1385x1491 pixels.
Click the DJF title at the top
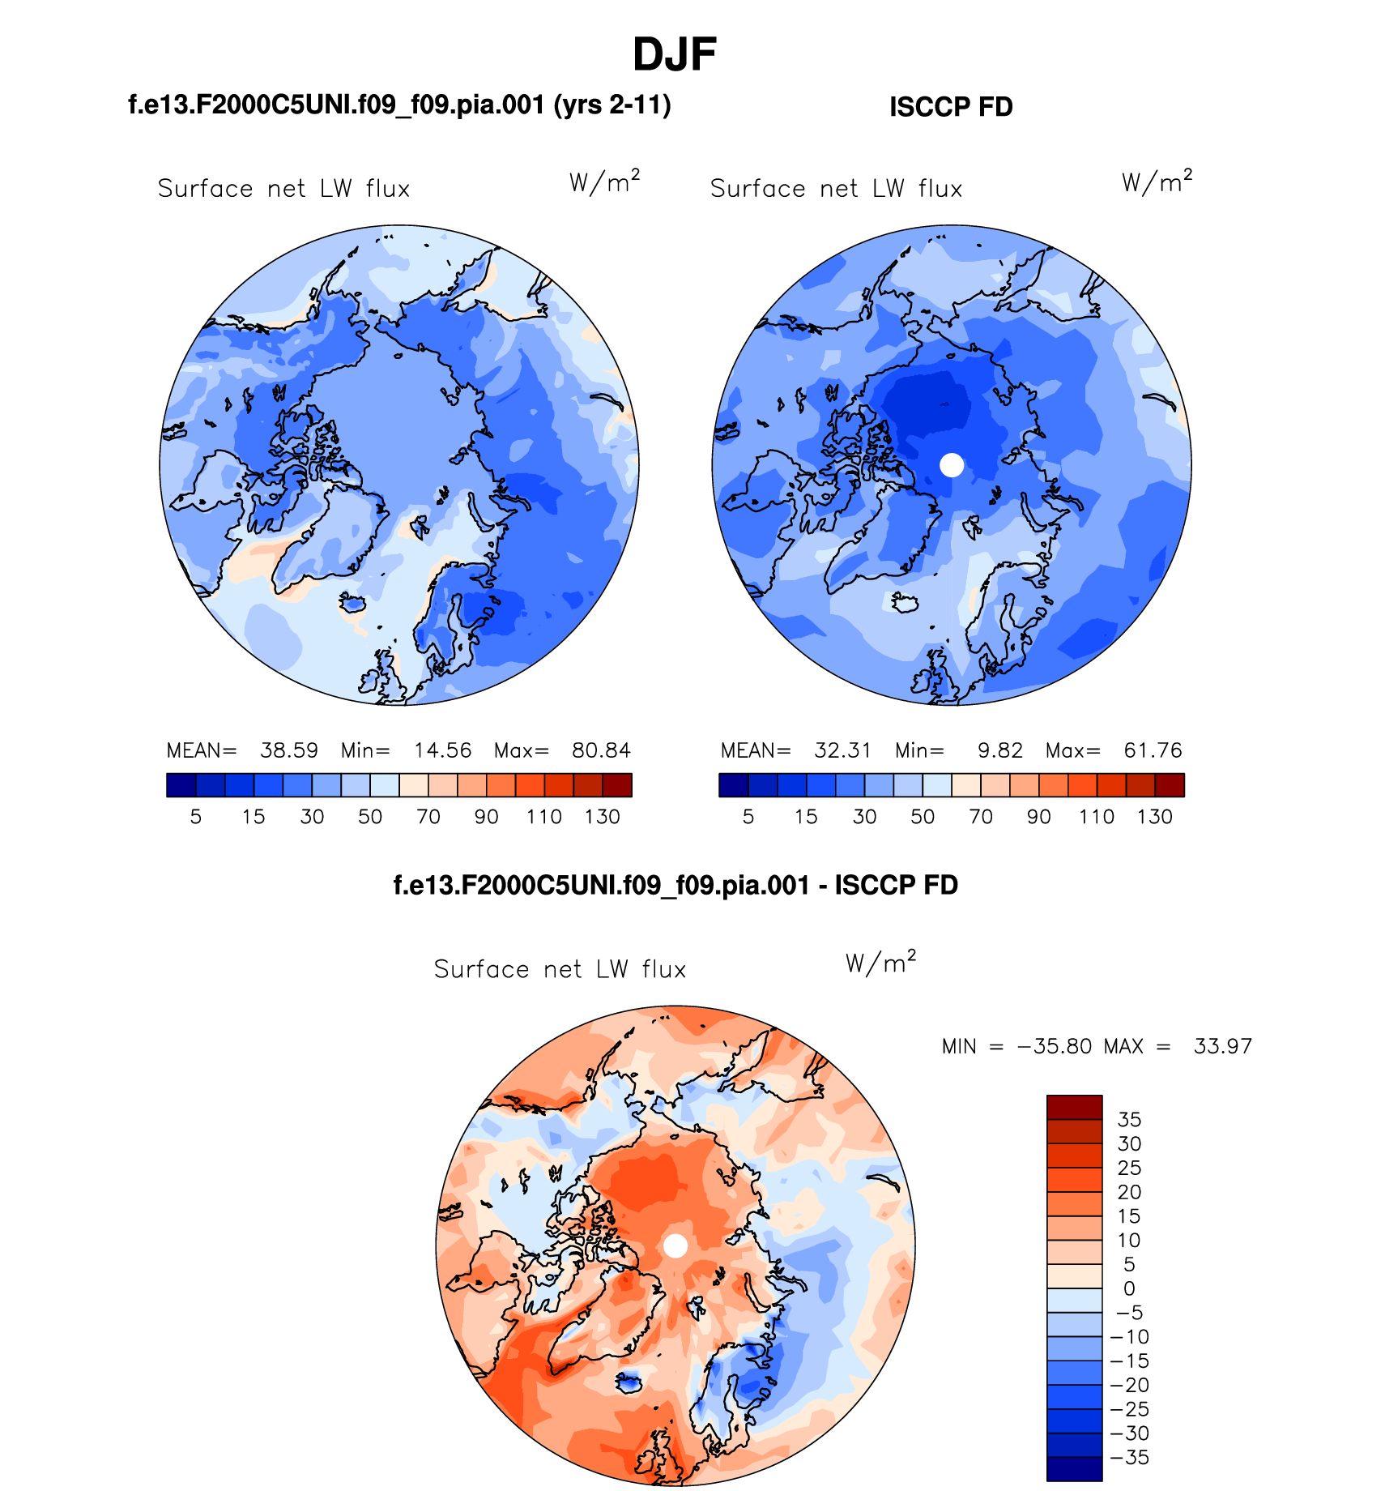click(x=674, y=55)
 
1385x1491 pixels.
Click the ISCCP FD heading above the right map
click(x=951, y=107)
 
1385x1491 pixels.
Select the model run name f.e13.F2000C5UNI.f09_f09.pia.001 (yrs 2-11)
click(x=399, y=105)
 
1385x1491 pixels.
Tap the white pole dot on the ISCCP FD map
click(x=952, y=465)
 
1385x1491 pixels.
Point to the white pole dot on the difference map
click(x=675, y=1245)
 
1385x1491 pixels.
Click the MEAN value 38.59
click(x=289, y=750)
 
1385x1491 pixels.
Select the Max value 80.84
click(x=601, y=750)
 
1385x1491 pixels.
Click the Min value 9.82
click(x=1000, y=750)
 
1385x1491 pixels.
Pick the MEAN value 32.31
click(x=842, y=750)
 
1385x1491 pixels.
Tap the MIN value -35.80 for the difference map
click(x=1055, y=1046)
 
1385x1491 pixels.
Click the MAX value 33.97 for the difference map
click(x=1223, y=1046)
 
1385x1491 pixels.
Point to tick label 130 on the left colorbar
click(x=603, y=817)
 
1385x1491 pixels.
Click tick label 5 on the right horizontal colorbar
click(x=748, y=817)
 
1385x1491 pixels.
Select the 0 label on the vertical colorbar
click(x=1129, y=1288)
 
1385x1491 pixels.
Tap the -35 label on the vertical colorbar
click(x=1131, y=1457)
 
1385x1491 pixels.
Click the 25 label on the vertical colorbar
click(x=1129, y=1168)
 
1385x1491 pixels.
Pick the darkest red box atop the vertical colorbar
click(x=1074, y=1107)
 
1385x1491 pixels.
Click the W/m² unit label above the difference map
click(x=880, y=963)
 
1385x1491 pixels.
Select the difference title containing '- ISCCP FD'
click(x=675, y=885)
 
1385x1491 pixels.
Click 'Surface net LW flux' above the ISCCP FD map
click(x=836, y=189)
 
